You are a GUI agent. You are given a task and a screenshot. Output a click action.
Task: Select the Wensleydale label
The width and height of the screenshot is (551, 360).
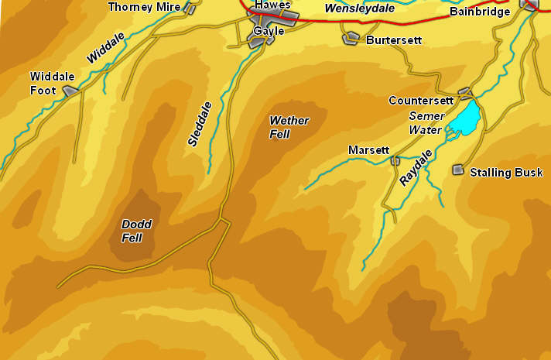(359, 9)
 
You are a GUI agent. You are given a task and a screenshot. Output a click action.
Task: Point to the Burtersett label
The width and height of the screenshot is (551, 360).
(394, 39)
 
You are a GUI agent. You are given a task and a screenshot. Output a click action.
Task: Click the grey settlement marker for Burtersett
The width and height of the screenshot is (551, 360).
(352, 36)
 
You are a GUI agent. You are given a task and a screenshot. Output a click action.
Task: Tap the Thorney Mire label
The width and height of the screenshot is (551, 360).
(144, 7)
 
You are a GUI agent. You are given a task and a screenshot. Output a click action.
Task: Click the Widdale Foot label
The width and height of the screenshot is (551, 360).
(53, 83)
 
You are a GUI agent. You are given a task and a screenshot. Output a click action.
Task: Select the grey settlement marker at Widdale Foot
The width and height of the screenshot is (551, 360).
(71, 91)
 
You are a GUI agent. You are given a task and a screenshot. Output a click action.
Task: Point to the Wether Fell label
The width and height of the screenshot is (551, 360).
(289, 127)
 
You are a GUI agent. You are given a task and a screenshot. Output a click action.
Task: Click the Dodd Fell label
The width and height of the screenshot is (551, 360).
(137, 231)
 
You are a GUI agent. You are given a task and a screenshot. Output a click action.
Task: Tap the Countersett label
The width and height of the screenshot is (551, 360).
(421, 101)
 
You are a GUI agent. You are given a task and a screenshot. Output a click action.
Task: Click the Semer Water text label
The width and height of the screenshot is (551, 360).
(426, 123)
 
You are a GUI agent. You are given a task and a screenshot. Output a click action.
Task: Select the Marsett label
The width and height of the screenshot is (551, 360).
(368, 149)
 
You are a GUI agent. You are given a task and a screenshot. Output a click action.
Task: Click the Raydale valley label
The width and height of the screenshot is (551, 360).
(416, 167)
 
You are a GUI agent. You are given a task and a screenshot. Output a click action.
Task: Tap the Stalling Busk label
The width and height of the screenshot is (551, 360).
(506, 173)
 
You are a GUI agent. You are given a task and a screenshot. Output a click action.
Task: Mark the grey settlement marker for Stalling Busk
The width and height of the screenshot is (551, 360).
(458, 170)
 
